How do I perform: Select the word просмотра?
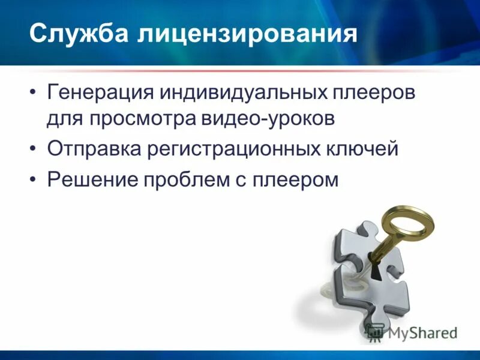tap(138, 118)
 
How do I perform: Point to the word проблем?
tap(189, 179)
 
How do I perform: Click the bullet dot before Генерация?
tap(32, 94)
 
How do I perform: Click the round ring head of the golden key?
tap(407, 222)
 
